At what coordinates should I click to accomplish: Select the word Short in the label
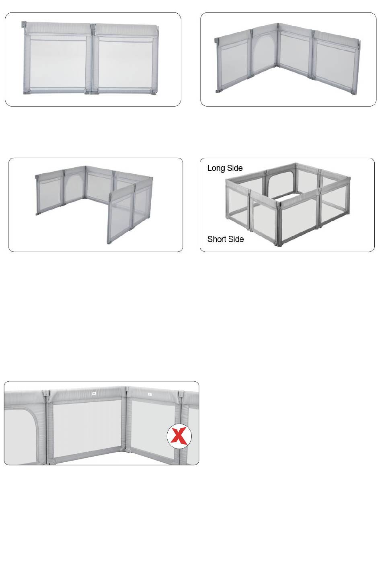[216, 239]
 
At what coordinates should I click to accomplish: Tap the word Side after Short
[236, 239]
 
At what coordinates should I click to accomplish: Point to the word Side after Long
[234, 168]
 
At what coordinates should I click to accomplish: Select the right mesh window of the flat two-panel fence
[125, 64]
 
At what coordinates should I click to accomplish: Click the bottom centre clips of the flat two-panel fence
[91, 93]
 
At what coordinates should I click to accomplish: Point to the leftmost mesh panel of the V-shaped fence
[234, 66]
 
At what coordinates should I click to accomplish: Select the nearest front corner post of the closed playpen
[278, 224]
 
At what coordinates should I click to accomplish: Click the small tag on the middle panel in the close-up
[94, 394]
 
